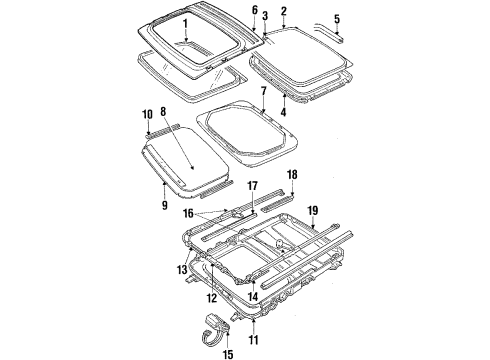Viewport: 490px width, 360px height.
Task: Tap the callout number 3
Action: coord(265,17)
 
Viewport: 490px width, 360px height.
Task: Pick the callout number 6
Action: coord(254,10)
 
